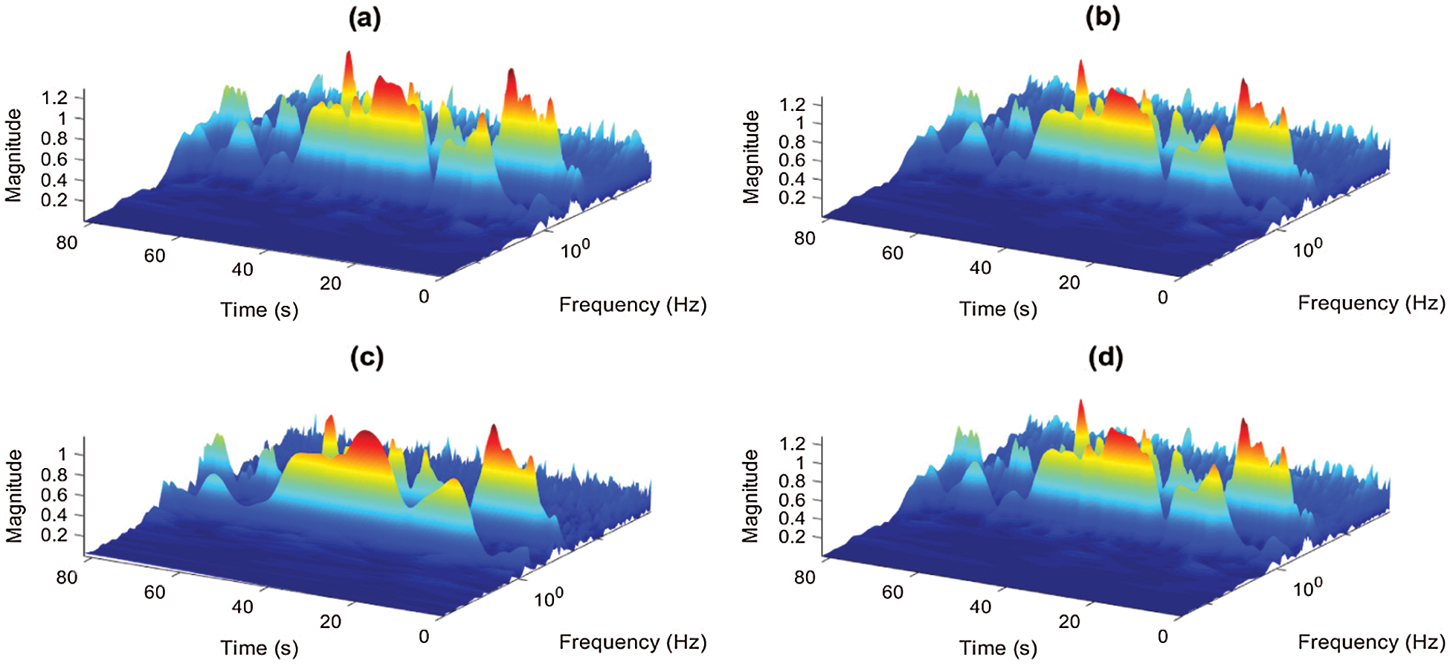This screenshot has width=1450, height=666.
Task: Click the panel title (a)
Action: pos(364,18)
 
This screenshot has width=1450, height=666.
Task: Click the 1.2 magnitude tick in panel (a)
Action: pos(54,97)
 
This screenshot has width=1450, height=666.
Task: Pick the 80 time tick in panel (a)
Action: pos(66,243)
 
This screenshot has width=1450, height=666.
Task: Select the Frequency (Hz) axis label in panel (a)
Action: pos(632,305)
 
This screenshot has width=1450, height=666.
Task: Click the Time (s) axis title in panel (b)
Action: pos(997,309)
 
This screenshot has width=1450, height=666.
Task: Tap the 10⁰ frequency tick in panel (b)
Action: pos(1307,249)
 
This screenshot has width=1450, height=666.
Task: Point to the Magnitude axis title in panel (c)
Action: pos(14,496)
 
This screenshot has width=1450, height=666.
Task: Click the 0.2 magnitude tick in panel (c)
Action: pos(54,535)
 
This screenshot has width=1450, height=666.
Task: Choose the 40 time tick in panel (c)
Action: pos(242,607)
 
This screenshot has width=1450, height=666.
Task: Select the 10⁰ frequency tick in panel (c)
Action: pos(549,598)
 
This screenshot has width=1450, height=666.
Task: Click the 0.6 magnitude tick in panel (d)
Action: pos(792,499)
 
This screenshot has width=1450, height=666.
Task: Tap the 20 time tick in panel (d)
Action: pos(1069,621)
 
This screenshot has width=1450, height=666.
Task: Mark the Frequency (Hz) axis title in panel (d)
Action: pos(1371,641)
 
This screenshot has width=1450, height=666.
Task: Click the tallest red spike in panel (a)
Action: pos(348,57)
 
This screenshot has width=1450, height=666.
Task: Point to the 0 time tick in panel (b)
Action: pos(1163,298)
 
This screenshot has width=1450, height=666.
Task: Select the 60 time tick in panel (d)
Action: pos(892,592)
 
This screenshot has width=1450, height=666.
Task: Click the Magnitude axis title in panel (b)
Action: pos(752,157)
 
